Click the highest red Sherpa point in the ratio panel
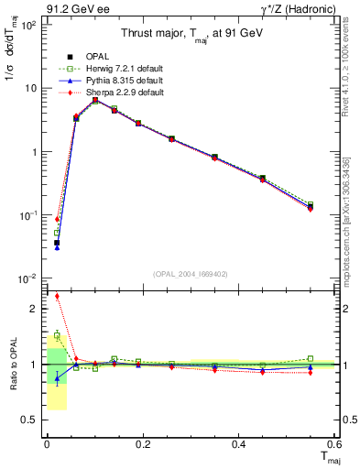click(57, 296)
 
